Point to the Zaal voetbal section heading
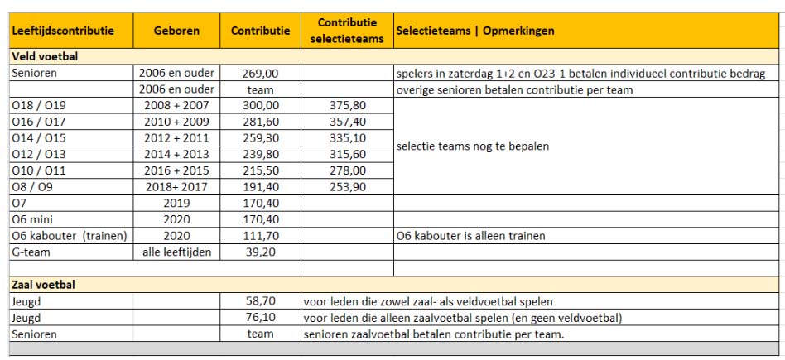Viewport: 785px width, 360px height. pos(42,284)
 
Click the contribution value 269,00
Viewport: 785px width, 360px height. pos(260,74)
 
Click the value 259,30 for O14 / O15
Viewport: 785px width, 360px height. pos(260,137)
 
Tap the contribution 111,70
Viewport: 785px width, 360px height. pos(260,235)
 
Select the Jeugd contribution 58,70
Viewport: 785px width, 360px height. pos(260,301)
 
